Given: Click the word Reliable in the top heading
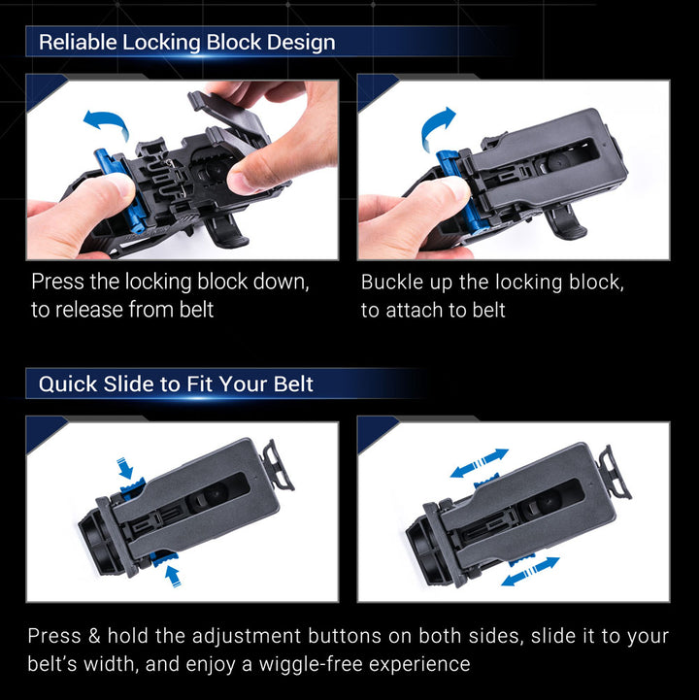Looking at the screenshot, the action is [78, 43].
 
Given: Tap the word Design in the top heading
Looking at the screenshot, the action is [301, 44].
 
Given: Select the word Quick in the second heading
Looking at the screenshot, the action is [67, 384].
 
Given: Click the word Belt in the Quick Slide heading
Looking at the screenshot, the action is [293, 384].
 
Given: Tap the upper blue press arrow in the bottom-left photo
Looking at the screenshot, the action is [125, 468].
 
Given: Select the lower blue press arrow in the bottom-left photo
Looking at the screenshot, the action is [173, 575].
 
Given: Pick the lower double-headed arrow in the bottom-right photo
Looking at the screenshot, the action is [530, 572].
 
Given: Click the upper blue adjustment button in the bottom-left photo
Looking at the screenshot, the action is [133, 487].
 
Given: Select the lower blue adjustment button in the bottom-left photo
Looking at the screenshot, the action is [163, 558].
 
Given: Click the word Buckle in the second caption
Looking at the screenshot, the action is [392, 283].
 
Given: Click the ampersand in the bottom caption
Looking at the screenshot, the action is [94, 636].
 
